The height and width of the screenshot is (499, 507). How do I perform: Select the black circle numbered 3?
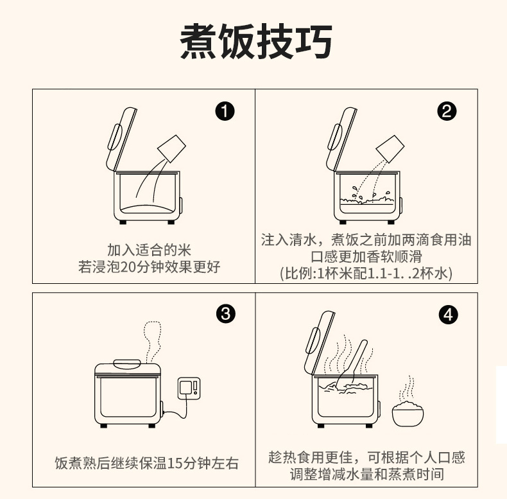point(225,315)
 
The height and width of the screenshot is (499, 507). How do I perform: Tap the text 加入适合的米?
point(149,250)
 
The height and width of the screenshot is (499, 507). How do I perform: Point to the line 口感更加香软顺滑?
point(366,257)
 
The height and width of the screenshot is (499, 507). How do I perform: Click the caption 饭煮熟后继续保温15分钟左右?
point(146,463)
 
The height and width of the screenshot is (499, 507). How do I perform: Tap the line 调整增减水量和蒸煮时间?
point(366,475)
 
